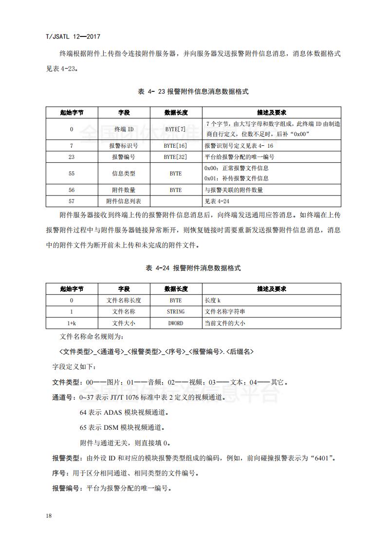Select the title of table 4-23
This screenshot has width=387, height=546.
[x=193, y=91]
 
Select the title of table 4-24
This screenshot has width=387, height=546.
[x=193, y=268]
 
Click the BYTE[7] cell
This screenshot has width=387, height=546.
[x=175, y=129]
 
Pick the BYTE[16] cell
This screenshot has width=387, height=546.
[x=175, y=146]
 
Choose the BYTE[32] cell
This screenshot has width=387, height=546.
[x=175, y=157]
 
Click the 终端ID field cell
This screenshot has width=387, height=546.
[x=124, y=129]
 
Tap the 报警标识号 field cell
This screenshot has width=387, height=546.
[x=124, y=146]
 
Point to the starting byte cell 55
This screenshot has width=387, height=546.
[x=72, y=174]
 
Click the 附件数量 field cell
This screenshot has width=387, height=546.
[x=124, y=190]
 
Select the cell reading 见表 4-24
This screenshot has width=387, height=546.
[x=217, y=201]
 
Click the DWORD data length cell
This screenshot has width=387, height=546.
[x=175, y=323]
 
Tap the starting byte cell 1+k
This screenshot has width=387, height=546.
[x=72, y=323]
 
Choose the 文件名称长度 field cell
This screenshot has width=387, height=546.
[x=124, y=300]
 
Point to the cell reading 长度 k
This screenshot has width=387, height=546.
[x=213, y=300]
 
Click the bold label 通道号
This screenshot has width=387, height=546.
[x=62, y=398]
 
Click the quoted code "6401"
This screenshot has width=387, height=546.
[x=322, y=458]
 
